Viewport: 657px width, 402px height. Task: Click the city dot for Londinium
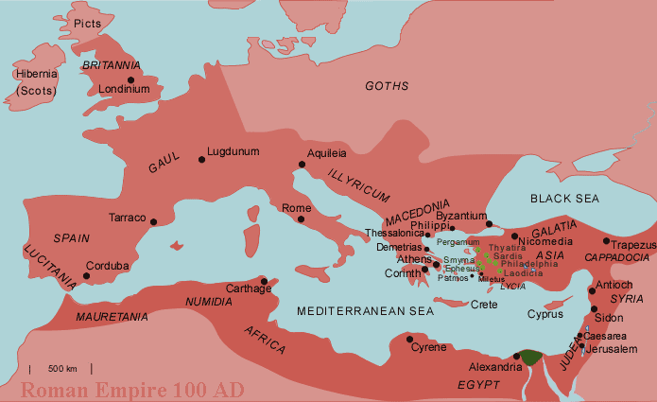[131, 79]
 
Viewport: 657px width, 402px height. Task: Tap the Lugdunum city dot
[201, 159]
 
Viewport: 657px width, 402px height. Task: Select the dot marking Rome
[301, 219]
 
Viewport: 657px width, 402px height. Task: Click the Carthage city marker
[264, 281]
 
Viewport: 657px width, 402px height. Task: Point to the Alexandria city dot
[516, 357]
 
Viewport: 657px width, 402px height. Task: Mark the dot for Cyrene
[409, 339]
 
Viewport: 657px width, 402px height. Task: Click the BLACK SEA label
[564, 198]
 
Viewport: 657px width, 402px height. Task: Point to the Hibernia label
[36, 74]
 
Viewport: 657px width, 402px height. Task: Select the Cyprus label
[545, 314]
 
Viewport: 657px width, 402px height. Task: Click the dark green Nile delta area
[531, 357]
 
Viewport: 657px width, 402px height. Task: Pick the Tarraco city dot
[153, 222]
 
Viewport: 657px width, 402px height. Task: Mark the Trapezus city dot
[606, 241]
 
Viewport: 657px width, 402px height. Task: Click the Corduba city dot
[86, 276]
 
